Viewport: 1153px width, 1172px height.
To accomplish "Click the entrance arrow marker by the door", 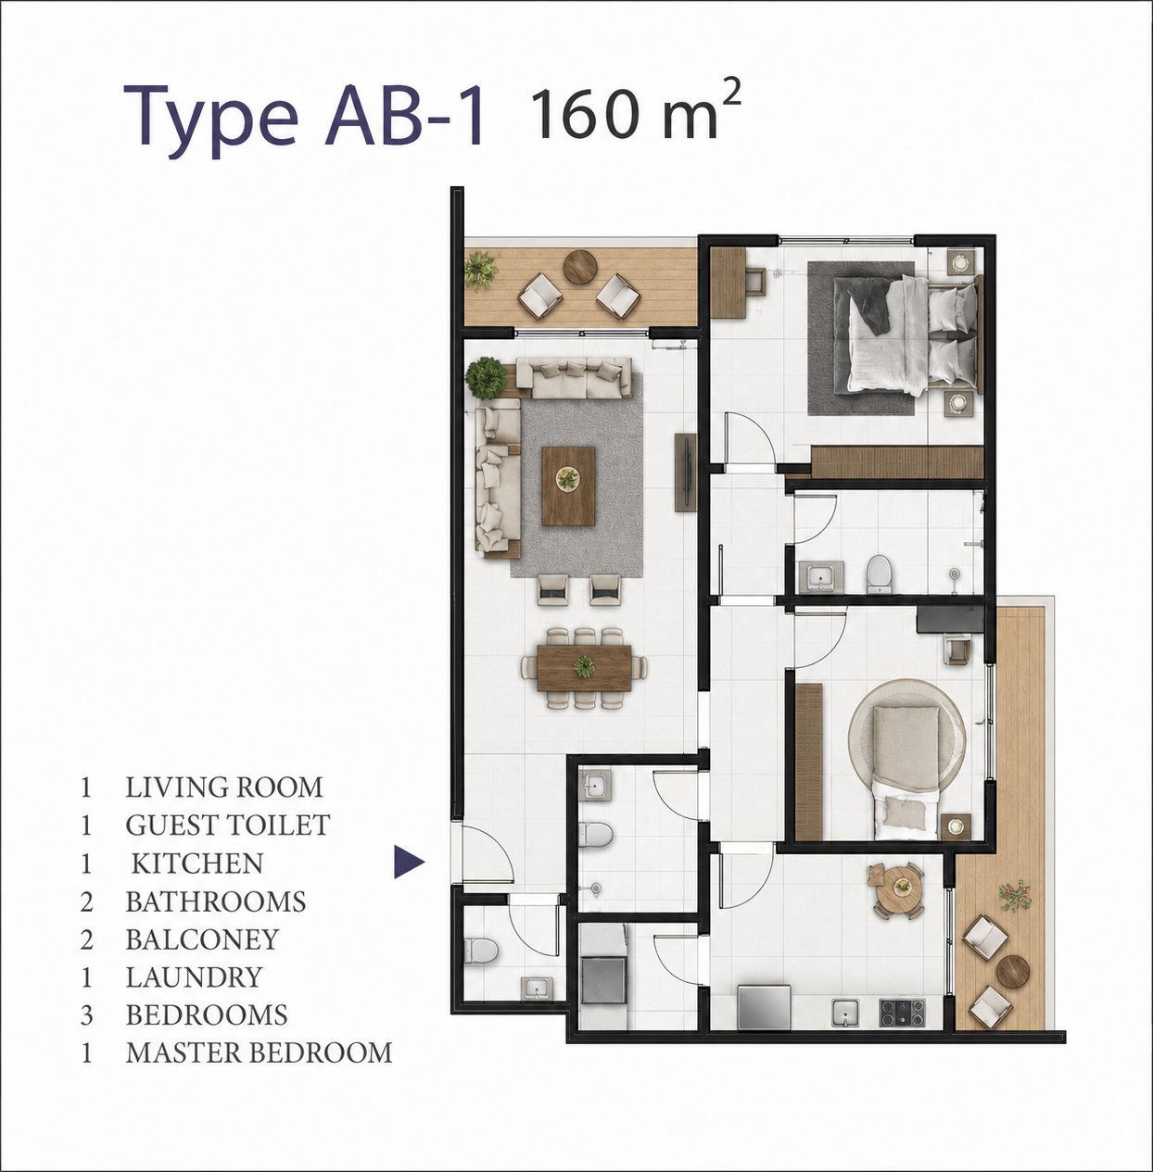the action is coord(409,862).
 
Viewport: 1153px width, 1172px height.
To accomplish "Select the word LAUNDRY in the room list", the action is coord(194,977).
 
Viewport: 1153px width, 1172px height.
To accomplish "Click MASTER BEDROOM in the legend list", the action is coord(259,1052).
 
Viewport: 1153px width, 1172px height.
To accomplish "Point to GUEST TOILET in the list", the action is coord(228,825).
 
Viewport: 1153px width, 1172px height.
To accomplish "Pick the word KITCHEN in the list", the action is coord(197,863).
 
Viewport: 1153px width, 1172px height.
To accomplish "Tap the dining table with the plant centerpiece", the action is coord(584,668).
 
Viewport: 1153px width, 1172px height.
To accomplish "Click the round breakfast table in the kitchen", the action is coord(900,890).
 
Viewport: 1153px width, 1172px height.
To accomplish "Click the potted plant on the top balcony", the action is coord(480,271).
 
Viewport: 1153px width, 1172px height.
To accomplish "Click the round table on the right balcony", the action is coord(1012,974).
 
